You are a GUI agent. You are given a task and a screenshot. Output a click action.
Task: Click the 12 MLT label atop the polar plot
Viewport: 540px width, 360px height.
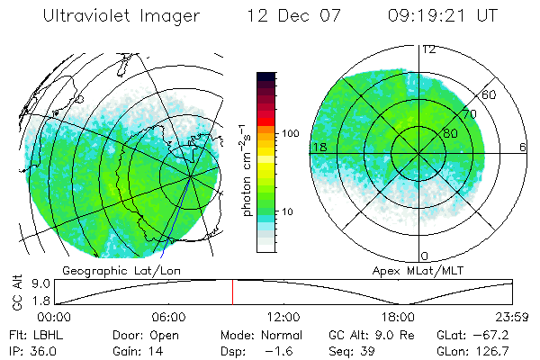pyautogui.click(x=429, y=49)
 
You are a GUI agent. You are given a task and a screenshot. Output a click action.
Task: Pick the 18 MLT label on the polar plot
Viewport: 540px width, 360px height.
pyautogui.click(x=318, y=147)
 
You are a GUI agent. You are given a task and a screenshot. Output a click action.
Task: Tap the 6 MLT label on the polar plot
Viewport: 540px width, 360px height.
pyautogui.click(x=524, y=147)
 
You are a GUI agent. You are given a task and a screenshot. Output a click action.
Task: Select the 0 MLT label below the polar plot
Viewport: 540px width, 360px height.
pyautogui.click(x=425, y=256)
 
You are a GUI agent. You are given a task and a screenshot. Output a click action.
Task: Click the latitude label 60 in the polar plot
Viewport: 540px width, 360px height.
pyautogui.click(x=490, y=94)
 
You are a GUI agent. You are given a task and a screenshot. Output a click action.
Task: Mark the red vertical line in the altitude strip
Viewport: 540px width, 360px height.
pyautogui.click(x=232, y=292)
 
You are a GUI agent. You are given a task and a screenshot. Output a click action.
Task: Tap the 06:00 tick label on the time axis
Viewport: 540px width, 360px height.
pyautogui.click(x=168, y=317)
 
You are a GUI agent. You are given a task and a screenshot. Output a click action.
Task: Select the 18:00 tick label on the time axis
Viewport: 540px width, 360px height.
pyautogui.click(x=399, y=317)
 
